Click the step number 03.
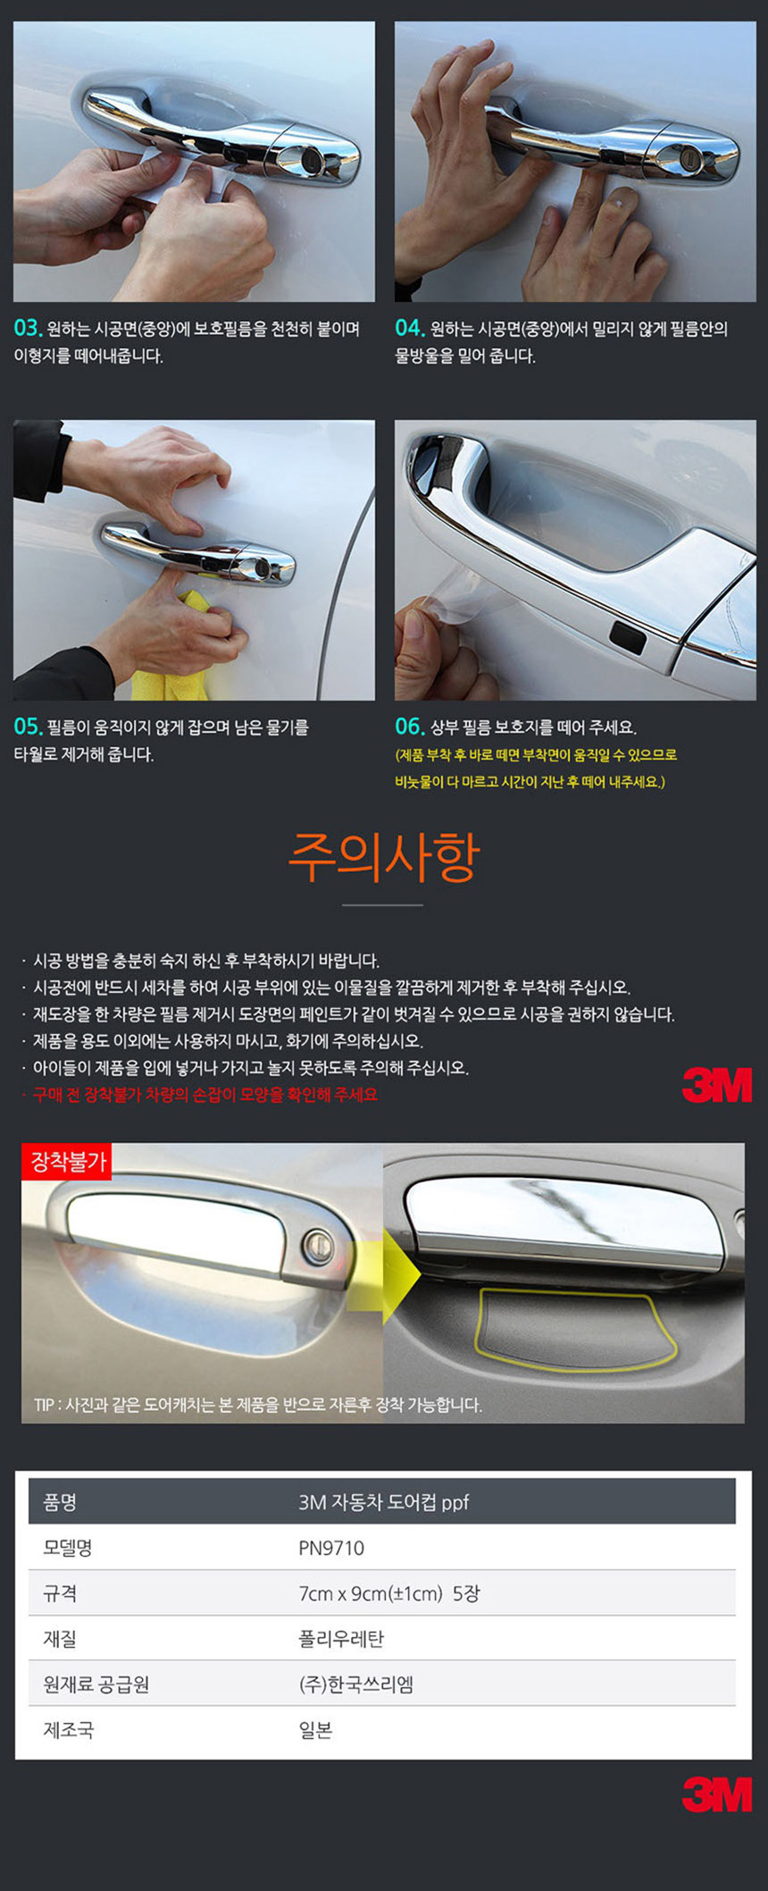point(28,328)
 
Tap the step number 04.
point(409,328)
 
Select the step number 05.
point(28,726)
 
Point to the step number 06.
point(409,726)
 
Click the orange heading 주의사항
point(384,857)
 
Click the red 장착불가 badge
point(67,1162)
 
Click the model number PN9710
point(331,1548)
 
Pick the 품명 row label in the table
point(60,1502)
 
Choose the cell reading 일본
point(315,1730)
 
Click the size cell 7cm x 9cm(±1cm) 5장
point(389,1593)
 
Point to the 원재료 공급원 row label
point(96,1685)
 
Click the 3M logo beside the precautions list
point(717,1085)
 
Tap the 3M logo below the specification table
point(717,1794)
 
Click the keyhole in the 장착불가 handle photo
point(317,1242)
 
